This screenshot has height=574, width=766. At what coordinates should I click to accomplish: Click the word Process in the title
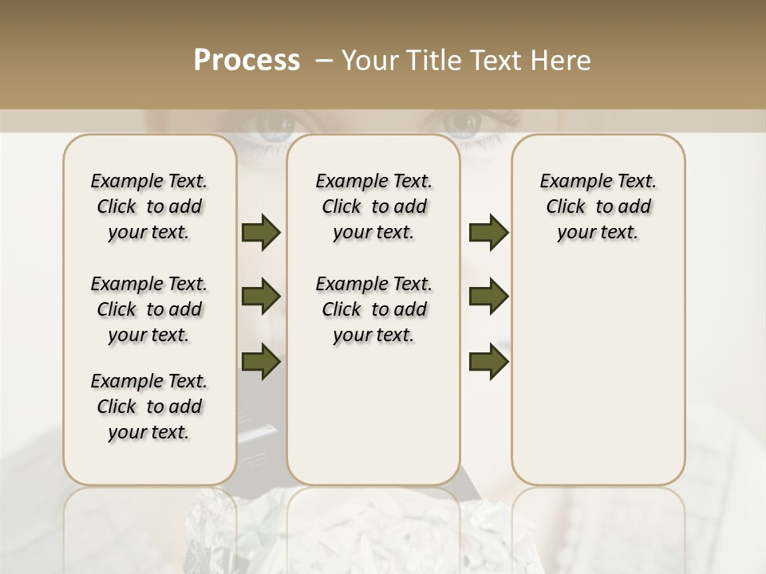(247, 61)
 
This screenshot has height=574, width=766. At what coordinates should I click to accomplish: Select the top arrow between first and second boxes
(261, 233)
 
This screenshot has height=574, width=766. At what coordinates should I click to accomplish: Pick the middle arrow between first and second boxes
(261, 297)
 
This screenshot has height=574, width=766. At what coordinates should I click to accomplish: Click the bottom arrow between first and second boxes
(261, 362)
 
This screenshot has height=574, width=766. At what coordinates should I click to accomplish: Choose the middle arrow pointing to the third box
(488, 297)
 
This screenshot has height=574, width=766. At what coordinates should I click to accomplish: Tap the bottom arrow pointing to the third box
(488, 362)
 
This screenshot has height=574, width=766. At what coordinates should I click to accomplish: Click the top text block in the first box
(149, 206)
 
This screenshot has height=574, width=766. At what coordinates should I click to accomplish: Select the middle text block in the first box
(149, 309)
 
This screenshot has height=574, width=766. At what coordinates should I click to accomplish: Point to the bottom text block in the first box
(149, 407)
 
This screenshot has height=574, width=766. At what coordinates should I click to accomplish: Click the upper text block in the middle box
(374, 206)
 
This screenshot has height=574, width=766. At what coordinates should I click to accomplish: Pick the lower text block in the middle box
(374, 309)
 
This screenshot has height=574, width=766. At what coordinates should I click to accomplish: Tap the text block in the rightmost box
(598, 206)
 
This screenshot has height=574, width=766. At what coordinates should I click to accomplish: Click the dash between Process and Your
(324, 61)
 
